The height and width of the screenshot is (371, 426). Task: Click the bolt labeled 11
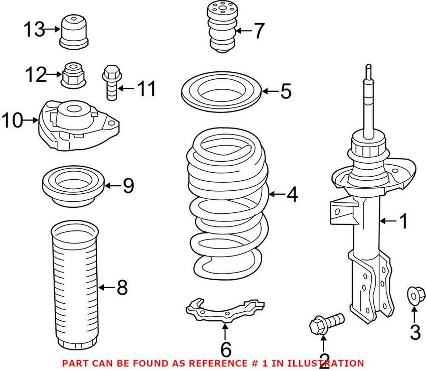point(111,83)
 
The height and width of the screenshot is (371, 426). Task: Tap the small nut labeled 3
point(413,294)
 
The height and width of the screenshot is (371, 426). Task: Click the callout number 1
point(403,221)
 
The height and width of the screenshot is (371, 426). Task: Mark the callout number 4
point(291,195)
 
